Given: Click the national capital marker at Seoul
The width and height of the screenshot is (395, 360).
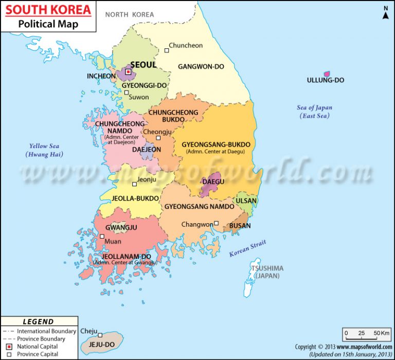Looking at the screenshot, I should click(x=129, y=72).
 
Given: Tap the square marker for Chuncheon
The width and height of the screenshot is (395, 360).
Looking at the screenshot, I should click(x=167, y=50).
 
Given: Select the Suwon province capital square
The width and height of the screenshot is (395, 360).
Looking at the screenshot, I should click(x=127, y=93).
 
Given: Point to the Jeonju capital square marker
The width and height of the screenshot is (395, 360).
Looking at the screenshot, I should click(x=135, y=184).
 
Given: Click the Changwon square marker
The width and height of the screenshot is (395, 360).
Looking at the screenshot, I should click(x=217, y=223).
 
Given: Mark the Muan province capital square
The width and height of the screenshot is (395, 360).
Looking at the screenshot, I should click(x=102, y=237).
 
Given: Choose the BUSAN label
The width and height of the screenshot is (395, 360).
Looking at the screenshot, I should click(x=240, y=226).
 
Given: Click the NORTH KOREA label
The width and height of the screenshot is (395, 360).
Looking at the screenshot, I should click(x=130, y=14).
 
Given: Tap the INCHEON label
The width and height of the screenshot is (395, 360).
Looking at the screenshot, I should click(x=101, y=76).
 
